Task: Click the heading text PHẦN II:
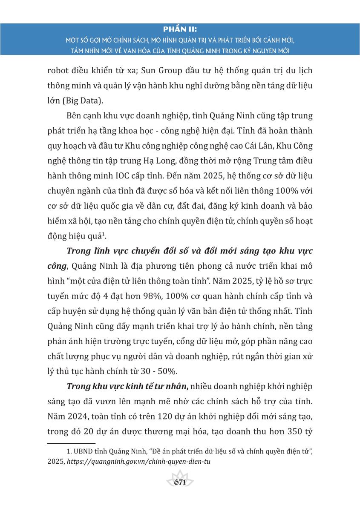(180, 29)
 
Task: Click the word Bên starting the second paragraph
(75, 116)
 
